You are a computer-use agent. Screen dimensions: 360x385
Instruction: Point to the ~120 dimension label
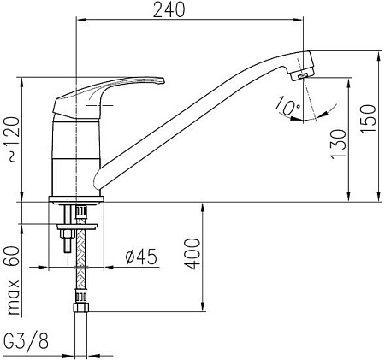[x=10, y=140]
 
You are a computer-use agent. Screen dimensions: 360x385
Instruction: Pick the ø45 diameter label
[x=140, y=255]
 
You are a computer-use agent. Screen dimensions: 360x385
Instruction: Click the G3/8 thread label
[x=27, y=343]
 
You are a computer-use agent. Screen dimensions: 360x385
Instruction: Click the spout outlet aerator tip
[x=299, y=76]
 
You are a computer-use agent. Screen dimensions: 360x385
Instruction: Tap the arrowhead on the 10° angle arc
[x=296, y=119]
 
